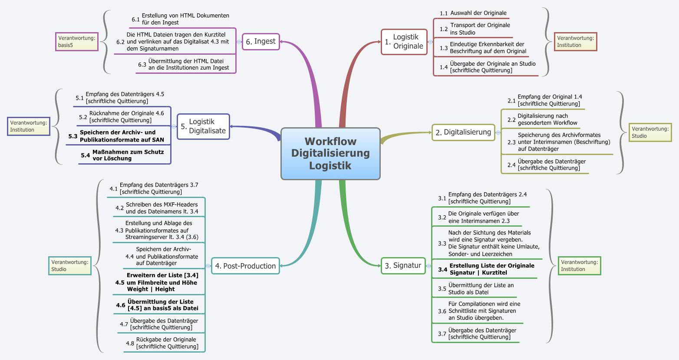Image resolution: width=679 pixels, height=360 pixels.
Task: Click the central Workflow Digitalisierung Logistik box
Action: tap(330, 153)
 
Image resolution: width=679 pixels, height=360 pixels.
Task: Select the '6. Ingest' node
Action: tap(260, 42)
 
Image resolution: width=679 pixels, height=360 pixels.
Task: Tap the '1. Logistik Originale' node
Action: tap(404, 42)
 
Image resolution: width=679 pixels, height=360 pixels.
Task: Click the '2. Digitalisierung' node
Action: tap(463, 132)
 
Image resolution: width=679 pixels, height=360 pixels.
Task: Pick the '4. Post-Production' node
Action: tap(245, 266)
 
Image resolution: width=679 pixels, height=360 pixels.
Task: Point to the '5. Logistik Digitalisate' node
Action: tap(203, 126)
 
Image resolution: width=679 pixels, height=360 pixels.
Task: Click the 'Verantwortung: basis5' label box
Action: tap(77, 41)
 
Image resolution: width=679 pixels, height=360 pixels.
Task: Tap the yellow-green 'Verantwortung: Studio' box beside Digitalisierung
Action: tap(650, 132)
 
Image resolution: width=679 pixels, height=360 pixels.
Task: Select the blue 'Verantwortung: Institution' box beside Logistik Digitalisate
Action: tap(29, 126)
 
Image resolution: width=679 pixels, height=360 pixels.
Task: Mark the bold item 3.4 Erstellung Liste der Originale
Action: tap(491, 269)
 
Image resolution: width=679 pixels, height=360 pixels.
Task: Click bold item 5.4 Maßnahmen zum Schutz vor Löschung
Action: tap(128, 155)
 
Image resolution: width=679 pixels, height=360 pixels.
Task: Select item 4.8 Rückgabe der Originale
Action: tap(167, 343)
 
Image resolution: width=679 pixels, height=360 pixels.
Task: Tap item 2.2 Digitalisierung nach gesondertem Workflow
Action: tap(547, 119)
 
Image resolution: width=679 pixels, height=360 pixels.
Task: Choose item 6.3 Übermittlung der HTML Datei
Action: tap(188, 64)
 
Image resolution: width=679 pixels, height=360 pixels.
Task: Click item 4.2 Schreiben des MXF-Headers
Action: tap(162, 208)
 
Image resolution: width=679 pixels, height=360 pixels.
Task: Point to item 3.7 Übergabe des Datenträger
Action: tap(482, 333)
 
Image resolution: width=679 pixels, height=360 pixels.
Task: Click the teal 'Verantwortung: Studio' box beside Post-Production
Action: tap(70, 265)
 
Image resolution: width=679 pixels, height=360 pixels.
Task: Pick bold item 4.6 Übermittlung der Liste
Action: tap(162, 305)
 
